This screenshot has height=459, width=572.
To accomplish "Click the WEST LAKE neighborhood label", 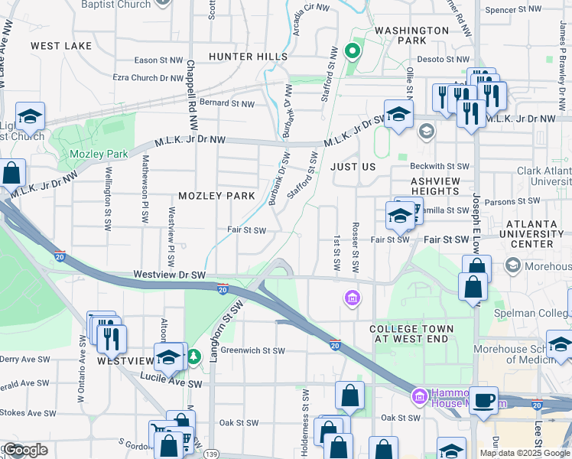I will [x=61, y=46].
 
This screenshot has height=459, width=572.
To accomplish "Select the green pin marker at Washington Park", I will [x=352, y=51].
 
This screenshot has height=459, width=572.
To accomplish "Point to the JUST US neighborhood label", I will [x=353, y=166].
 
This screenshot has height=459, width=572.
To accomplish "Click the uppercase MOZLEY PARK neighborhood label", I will [x=216, y=196].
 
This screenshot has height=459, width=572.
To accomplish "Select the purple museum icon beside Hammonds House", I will [x=418, y=396].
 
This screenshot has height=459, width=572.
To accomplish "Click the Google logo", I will [x=25, y=450].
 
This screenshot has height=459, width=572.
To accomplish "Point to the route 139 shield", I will [x=212, y=454].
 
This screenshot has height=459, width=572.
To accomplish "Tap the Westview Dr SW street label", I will [x=170, y=273].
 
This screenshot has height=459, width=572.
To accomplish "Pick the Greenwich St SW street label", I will [x=252, y=351].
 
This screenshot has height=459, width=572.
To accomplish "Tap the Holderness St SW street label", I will [x=305, y=417].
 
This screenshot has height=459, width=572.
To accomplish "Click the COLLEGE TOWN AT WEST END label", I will [x=411, y=334].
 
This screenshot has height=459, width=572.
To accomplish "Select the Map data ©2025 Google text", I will [x=525, y=452].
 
